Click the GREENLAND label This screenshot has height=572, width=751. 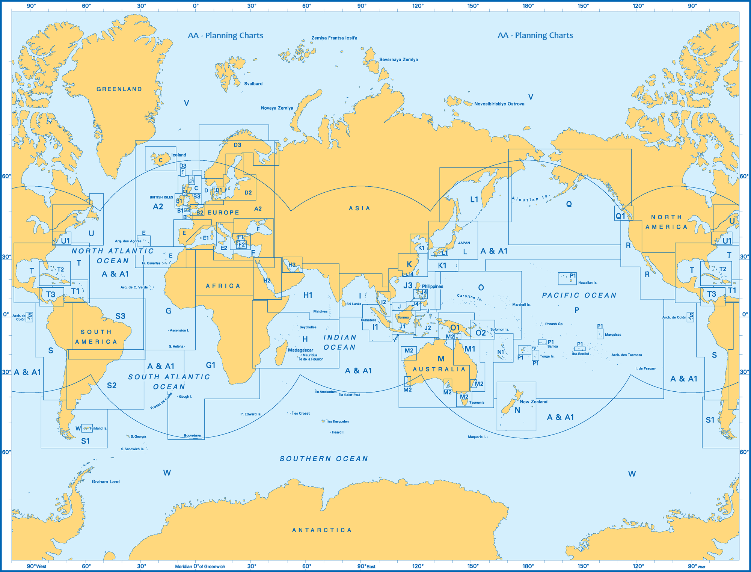tap(119, 89)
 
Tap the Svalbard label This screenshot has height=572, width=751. tap(253, 84)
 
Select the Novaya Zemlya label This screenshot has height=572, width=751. tap(277, 108)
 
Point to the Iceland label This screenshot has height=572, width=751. tap(179, 155)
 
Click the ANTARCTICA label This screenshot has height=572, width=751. tap(322, 530)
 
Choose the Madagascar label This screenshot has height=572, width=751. tap(300, 350)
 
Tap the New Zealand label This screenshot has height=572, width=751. tap(533, 401)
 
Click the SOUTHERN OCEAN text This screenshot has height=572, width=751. tap(324, 459)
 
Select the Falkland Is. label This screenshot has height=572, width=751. tap(98, 428)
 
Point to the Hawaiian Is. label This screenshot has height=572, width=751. tap(588, 283)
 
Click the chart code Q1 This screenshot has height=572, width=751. tap(620, 216)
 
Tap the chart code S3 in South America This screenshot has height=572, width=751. tap(120, 316)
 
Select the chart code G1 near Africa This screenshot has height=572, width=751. tap(211, 365)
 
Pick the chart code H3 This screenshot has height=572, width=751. tap(292, 265)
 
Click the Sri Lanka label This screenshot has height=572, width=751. tap(353, 304)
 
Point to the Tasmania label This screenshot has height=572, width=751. tap(477, 402)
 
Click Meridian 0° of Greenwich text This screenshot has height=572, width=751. tap(200, 566)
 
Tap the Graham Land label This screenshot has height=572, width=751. tap(106, 481)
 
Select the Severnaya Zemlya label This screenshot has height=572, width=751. tap(398, 60)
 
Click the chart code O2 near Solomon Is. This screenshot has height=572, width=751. tap(481, 333)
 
